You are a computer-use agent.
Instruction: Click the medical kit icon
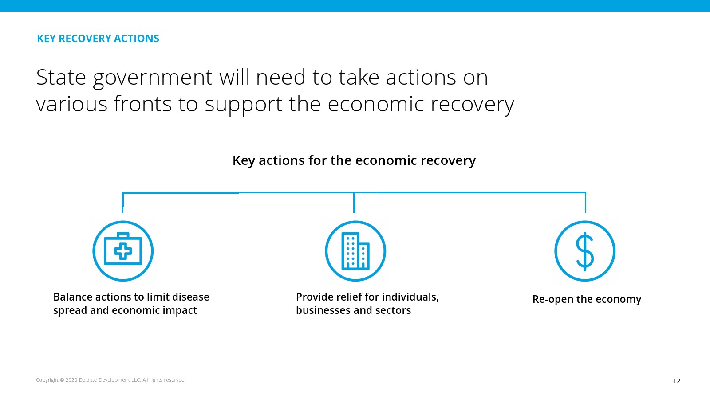(123, 251)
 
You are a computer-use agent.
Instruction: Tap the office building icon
(355, 251)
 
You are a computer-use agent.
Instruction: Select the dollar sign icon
(585, 251)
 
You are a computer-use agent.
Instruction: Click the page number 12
(677, 381)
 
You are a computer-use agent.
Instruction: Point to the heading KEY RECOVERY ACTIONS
(98, 38)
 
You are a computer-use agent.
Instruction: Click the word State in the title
(61, 77)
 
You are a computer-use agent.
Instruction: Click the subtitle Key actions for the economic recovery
(354, 160)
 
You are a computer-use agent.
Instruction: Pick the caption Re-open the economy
(587, 299)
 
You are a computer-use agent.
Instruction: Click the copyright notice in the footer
(110, 380)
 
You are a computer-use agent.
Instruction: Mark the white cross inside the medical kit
(123, 251)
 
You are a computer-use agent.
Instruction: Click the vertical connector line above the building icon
(354, 202)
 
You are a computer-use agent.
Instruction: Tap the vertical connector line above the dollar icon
(585, 202)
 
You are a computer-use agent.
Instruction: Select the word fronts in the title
(142, 104)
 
